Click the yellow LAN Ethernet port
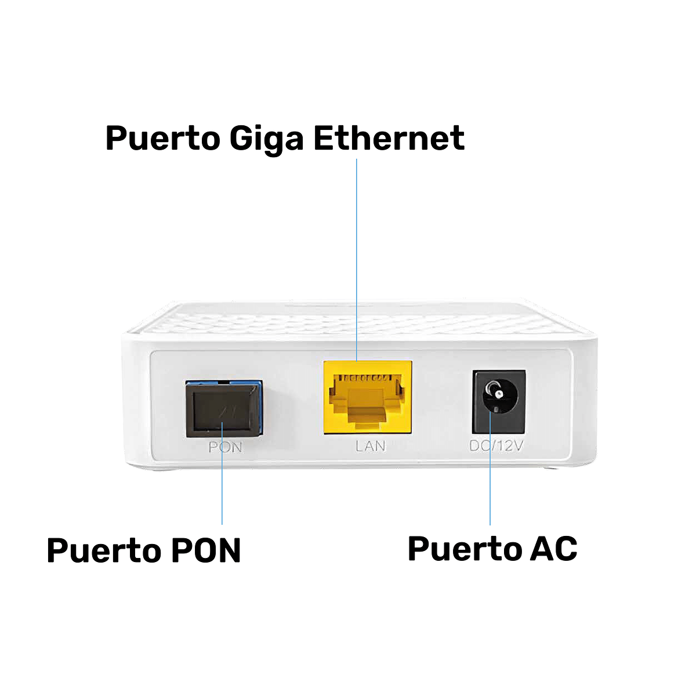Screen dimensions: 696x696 click(x=368, y=397)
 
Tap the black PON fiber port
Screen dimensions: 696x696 click(x=222, y=409)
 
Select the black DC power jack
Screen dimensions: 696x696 click(x=499, y=401)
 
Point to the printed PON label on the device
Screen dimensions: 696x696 click(x=225, y=447)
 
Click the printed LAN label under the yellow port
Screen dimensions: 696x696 click(x=370, y=446)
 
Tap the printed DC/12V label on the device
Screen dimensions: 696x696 click(x=496, y=446)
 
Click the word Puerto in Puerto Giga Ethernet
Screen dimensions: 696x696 click(x=163, y=139)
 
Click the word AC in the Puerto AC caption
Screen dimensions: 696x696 click(x=554, y=548)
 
